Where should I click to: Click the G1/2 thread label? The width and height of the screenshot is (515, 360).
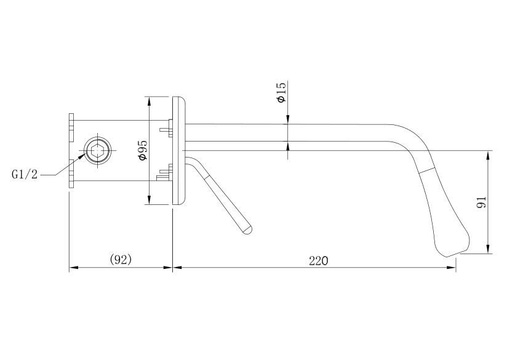pos(25,174)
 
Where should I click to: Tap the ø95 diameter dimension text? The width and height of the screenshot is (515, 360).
pos(143,150)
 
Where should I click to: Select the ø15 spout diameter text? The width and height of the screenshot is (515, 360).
pos(282,92)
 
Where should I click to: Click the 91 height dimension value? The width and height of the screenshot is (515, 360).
pos(481,202)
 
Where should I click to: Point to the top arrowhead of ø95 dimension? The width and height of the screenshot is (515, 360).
pos(149,101)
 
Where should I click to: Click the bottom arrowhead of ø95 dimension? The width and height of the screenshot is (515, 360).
pos(149,200)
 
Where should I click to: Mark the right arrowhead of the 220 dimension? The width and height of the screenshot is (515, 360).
pos(452,267)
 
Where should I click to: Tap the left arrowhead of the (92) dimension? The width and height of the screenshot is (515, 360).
pos(74,267)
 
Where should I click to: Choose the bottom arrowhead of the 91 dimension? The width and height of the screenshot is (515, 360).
pos(489,249)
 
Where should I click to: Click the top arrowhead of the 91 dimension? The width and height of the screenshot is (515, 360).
pos(489,155)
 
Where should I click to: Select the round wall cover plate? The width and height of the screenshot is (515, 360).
pos(179,151)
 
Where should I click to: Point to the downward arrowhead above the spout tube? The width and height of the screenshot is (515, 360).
pos(287,120)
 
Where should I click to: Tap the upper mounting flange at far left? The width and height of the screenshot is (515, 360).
pos(71,127)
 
